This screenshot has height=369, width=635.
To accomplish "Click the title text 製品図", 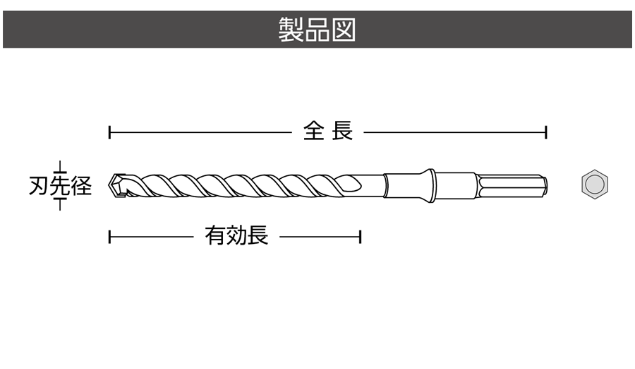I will [x=317, y=30].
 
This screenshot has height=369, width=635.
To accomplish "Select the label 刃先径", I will [x=61, y=186].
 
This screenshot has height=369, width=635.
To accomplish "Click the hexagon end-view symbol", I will [x=595, y=185].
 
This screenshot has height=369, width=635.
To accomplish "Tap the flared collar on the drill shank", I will [x=429, y=185].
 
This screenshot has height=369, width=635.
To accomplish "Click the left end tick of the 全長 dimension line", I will [x=109, y=131].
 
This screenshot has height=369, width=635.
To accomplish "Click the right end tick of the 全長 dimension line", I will [x=547, y=131].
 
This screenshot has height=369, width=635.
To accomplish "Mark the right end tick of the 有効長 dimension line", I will [x=361, y=236].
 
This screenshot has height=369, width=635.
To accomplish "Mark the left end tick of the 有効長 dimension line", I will [x=109, y=236].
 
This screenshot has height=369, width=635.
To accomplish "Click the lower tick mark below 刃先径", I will [x=61, y=204].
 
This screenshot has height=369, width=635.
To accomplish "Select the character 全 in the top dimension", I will [x=314, y=131].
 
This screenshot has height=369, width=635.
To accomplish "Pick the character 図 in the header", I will [x=344, y=30].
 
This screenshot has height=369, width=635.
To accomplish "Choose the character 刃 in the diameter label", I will [x=38, y=186].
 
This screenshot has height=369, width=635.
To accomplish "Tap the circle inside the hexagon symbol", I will [x=595, y=185].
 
